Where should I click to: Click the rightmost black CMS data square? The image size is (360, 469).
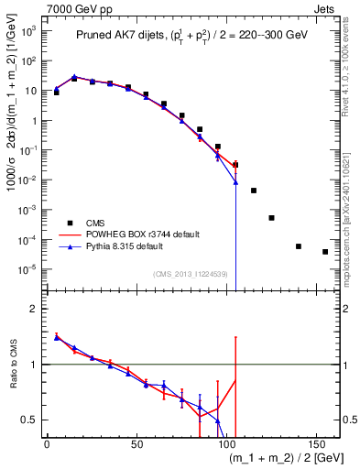click(325, 252)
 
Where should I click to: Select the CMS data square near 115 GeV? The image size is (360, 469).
click(254, 191)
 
